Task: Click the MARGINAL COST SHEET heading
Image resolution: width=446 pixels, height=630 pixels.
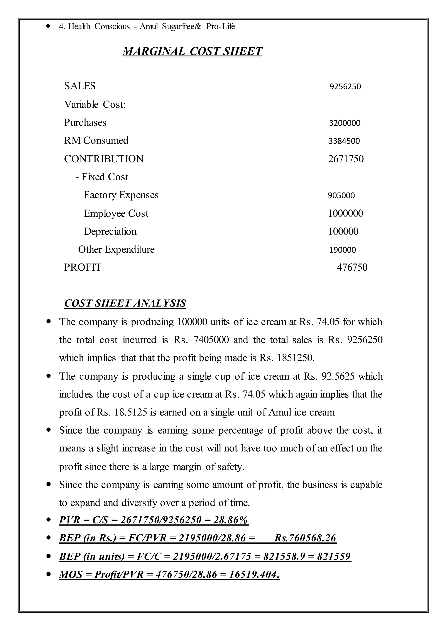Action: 192,51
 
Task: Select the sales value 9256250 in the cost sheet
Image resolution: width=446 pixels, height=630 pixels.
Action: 345,87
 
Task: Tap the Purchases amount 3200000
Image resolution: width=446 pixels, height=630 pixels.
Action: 345,123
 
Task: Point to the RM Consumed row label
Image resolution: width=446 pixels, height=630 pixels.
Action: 96,141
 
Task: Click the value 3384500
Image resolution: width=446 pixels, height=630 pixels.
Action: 344,141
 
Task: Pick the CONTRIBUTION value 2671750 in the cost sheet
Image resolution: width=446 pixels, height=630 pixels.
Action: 346,159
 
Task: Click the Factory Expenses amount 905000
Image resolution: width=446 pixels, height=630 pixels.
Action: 341,196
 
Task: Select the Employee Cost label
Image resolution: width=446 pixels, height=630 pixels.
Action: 116,213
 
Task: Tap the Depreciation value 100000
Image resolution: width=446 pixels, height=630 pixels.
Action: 343,231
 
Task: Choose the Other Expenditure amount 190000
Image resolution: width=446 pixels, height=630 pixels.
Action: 343,250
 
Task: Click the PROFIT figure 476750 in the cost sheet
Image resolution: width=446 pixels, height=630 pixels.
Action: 352,267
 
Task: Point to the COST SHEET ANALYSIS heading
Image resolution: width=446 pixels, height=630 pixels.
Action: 125,303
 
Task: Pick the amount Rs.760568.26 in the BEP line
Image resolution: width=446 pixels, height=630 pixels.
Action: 305,538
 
